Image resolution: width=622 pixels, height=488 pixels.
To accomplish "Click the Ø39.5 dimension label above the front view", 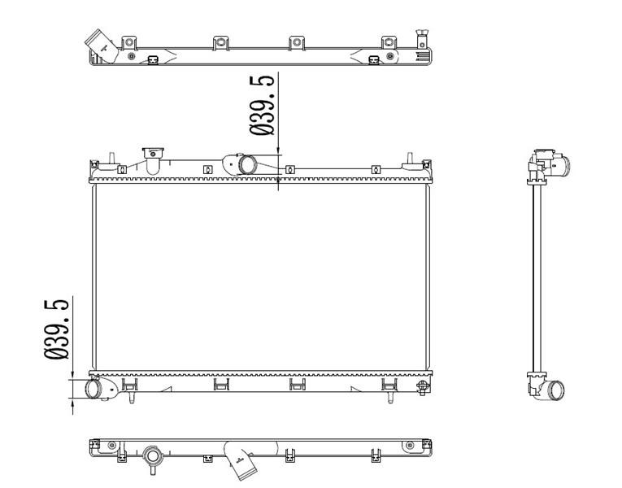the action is pyautogui.click(x=262, y=105).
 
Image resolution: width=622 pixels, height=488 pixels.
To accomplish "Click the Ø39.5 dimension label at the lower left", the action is pyautogui.click(x=56, y=329).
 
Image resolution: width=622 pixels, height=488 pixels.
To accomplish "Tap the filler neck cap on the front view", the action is pyautogui.click(x=153, y=153).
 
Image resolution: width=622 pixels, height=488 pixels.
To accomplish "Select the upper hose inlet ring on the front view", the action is pyautogui.click(x=246, y=164).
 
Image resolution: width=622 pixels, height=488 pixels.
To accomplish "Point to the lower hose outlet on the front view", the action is pyautogui.click(x=94, y=388).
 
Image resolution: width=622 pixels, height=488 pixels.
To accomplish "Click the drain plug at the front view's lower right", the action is pyautogui.click(x=423, y=386).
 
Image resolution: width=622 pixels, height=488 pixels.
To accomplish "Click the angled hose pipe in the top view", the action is pyautogui.click(x=102, y=46).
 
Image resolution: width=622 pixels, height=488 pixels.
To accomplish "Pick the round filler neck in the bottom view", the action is pyautogui.click(x=152, y=456).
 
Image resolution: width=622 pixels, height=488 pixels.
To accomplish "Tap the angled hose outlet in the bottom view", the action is pyautogui.click(x=241, y=461).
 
